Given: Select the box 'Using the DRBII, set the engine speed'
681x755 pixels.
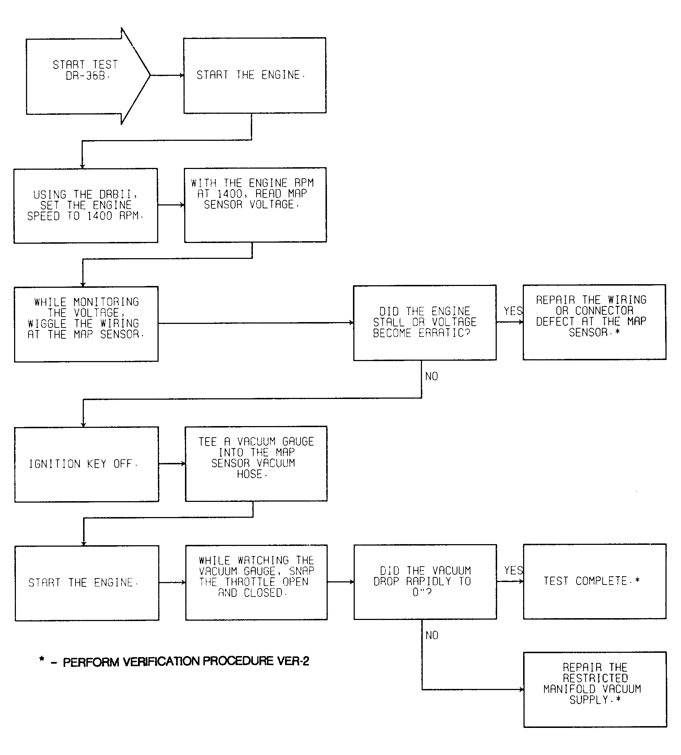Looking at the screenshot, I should [x=86, y=206].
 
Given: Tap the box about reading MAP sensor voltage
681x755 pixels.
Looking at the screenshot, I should [x=255, y=205].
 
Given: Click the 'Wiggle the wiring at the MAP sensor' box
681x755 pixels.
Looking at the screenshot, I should [x=86, y=324].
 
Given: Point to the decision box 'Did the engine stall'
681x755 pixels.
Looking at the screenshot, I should [x=425, y=323].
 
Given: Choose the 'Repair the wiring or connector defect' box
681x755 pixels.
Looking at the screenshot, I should [x=594, y=322].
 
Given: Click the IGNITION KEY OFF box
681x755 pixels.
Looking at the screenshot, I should [x=86, y=464].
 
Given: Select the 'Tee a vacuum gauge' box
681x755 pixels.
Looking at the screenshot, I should [x=256, y=463].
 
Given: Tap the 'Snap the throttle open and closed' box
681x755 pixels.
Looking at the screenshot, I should [x=256, y=582].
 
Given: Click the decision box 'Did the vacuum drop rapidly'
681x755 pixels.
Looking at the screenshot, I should [x=425, y=582].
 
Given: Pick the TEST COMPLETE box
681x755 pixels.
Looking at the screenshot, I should [x=595, y=581].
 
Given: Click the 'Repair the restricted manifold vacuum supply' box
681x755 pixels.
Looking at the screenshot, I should [x=595, y=689].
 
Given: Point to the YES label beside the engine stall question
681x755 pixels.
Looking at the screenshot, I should [x=513, y=311].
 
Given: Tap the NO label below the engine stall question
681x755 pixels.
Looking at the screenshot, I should [x=431, y=376].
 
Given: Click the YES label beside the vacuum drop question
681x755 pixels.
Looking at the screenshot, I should [x=513, y=570].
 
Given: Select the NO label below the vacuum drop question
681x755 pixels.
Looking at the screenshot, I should [x=432, y=635].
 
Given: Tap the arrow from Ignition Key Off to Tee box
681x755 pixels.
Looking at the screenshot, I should [x=172, y=464].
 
